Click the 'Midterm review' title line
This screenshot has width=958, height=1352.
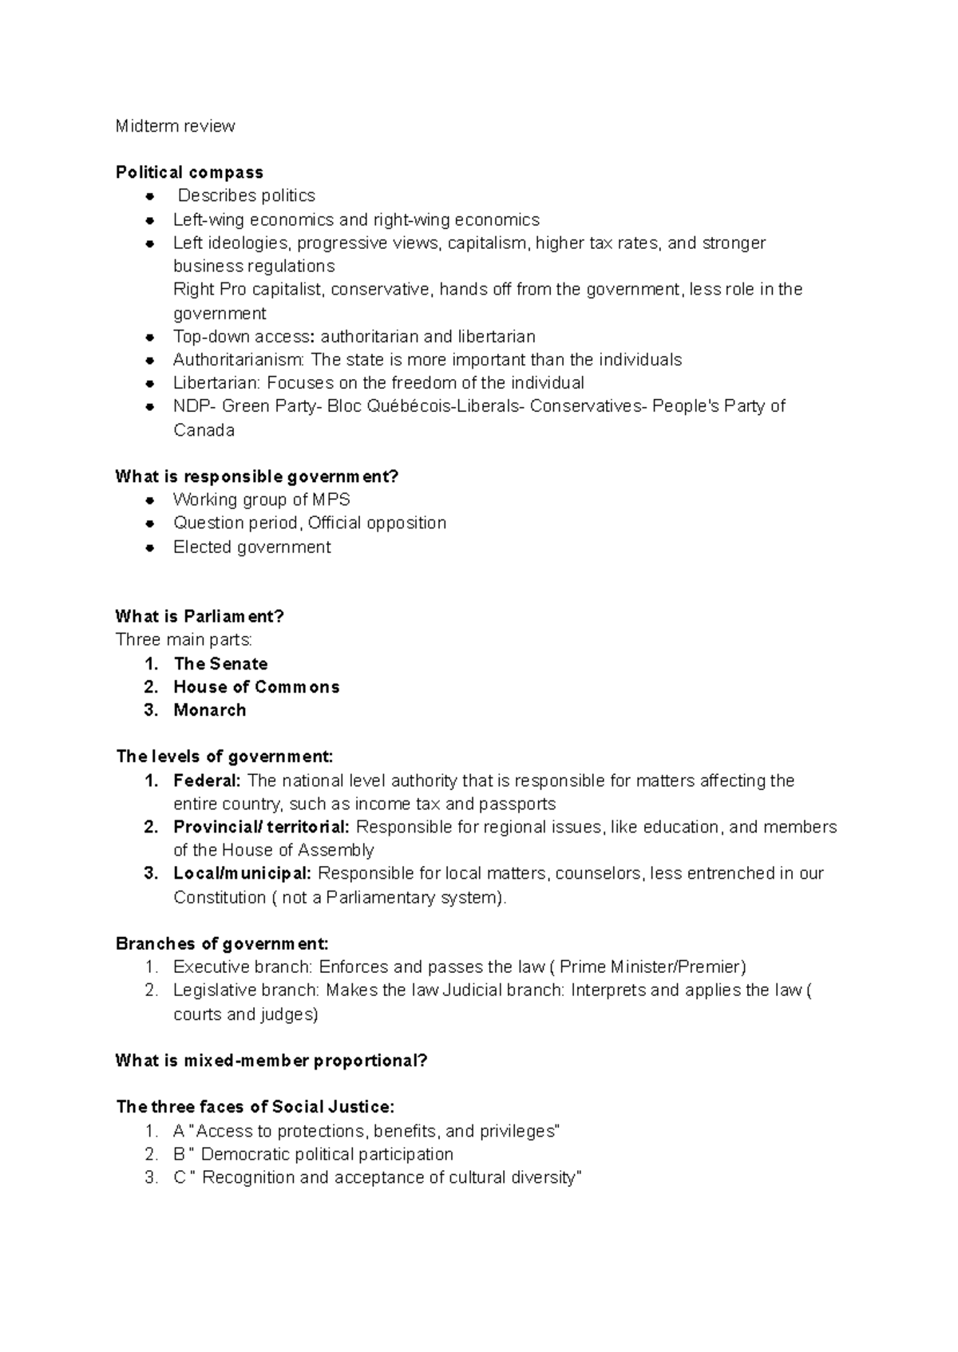click(x=175, y=126)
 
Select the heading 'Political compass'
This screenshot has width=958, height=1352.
click(x=189, y=172)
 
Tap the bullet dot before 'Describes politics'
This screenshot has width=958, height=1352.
click(x=149, y=196)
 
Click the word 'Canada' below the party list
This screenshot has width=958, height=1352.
click(x=204, y=430)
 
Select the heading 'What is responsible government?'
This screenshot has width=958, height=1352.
click(x=256, y=476)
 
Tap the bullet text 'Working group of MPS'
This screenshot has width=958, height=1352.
click(x=261, y=500)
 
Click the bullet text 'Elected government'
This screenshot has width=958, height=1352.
click(x=251, y=547)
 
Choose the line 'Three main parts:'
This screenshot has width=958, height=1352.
click(x=184, y=640)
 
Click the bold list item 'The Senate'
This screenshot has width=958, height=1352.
click(x=220, y=664)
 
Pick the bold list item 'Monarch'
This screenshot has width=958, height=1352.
click(x=210, y=710)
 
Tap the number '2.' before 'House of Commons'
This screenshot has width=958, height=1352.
click(x=152, y=687)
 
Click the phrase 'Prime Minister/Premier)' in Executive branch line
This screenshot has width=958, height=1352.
click(x=653, y=967)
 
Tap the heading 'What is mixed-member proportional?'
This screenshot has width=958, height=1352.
click(x=271, y=1061)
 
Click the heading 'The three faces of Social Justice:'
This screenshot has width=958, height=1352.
click(x=255, y=1107)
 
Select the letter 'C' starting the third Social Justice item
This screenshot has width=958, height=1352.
click(x=179, y=1178)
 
